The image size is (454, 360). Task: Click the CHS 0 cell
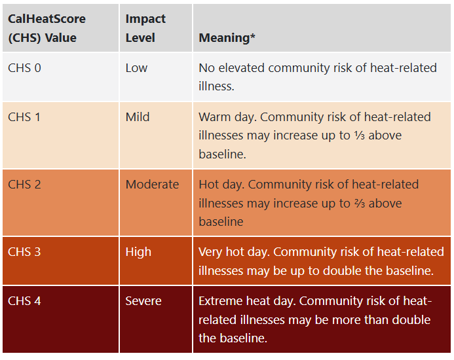[x=24, y=68]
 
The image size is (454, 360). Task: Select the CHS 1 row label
[x=24, y=117]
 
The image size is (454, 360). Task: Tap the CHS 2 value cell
[x=24, y=185]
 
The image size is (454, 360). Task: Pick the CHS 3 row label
[x=24, y=252]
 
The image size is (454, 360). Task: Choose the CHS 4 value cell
[x=24, y=301]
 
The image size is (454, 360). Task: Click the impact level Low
[x=136, y=68]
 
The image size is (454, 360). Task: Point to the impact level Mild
[x=138, y=117]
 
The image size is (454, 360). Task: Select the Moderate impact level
[x=152, y=185]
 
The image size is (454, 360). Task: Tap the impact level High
[x=138, y=252]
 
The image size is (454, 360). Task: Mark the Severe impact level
[x=143, y=301]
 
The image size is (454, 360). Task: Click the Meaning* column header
[x=227, y=38]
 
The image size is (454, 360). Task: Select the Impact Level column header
[x=145, y=28]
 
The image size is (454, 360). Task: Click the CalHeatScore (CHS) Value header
[x=47, y=28]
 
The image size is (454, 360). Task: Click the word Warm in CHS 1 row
[x=214, y=117]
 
